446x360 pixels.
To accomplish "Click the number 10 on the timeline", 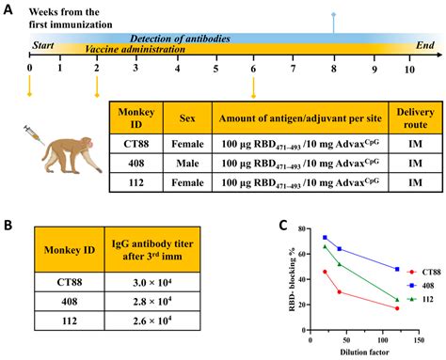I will click(x=408, y=68).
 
